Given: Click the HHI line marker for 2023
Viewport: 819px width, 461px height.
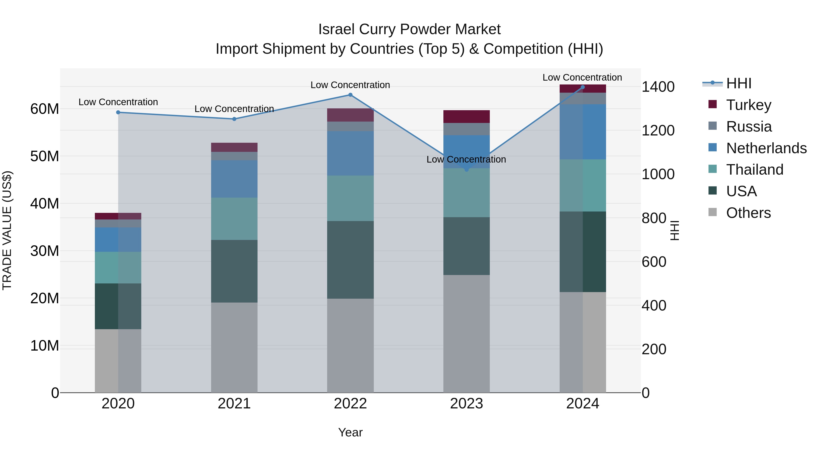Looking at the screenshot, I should pos(466,170).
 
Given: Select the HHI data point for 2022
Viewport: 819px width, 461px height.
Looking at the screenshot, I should pos(350,95).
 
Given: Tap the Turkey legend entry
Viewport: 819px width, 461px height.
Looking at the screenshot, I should pos(748,105).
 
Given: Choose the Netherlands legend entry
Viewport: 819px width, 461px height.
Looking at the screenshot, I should pos(766,148).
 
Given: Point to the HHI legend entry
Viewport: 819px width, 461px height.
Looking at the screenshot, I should pos(738,83).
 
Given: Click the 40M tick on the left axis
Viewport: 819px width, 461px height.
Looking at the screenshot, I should pos(45,204).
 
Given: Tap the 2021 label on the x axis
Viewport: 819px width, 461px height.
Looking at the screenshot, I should pos(234,404).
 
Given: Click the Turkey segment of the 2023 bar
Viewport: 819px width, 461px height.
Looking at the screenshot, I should pos(466,116).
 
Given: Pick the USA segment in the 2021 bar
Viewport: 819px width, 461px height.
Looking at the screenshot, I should pos(234,271).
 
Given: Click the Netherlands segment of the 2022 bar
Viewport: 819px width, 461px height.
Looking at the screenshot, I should pos(350,153).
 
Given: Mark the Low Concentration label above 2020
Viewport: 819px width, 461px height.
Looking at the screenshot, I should pos(118,102).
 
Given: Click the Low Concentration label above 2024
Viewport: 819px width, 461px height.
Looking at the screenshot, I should pos(582,77).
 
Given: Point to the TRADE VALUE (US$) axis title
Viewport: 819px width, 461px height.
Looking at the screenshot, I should pos(7,230).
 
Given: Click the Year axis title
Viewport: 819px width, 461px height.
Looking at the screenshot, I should pos(350,432).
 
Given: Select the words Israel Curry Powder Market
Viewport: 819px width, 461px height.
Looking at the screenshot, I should pos(409,29).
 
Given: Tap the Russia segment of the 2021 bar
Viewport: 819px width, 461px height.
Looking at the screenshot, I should pos(234,156).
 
